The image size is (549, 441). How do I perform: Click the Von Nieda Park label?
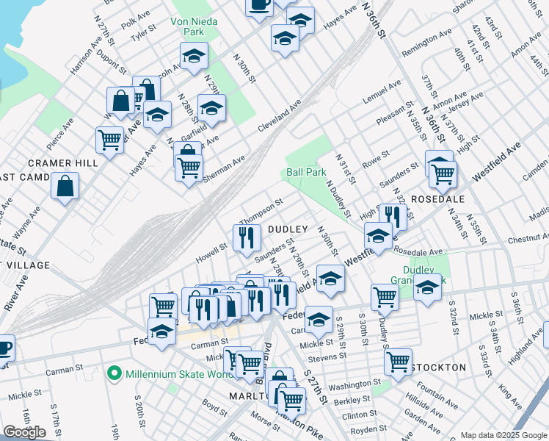194,26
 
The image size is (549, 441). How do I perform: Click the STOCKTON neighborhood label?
439,367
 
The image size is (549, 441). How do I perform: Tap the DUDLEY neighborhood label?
286,230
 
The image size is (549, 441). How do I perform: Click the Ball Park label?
306,172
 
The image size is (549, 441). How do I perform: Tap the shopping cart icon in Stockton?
398,361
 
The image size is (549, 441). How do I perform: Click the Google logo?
24,431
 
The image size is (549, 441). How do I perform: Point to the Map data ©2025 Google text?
503,435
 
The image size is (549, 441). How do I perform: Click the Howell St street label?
212,254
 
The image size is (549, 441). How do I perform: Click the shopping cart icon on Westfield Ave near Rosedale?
443,173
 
